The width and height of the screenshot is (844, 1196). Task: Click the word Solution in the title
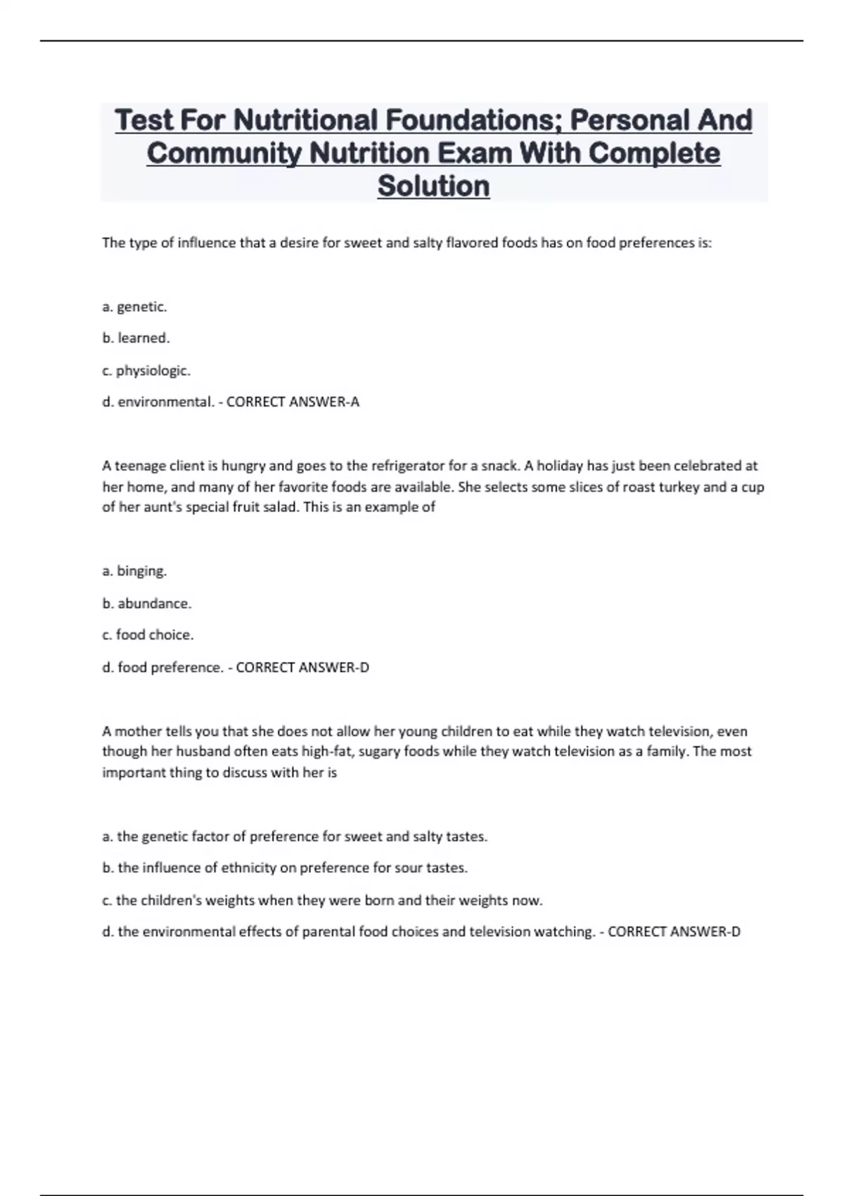433,186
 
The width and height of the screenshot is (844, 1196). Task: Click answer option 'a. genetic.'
134,307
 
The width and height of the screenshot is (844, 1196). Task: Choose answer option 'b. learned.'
136,338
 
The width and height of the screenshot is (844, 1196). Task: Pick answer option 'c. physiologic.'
146,370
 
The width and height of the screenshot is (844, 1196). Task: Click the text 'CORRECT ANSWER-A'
293,402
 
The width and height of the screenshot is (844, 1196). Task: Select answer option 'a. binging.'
134,571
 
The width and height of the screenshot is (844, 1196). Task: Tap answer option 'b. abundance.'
146,603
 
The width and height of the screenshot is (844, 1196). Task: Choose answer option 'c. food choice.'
148,635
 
